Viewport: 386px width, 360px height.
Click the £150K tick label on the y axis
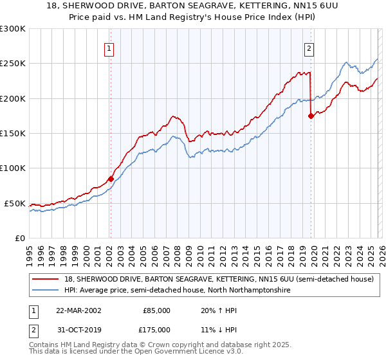coord(12,134)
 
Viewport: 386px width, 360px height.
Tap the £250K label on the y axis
coord(12,64)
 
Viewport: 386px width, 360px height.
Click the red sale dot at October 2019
coord(311,116)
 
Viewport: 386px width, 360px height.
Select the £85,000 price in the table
coord(156,310)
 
